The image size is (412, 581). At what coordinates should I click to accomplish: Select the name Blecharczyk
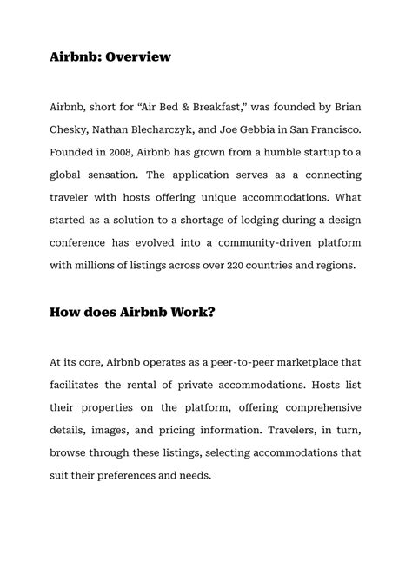coord(169,129)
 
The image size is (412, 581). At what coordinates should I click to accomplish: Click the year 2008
coord(121,151)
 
